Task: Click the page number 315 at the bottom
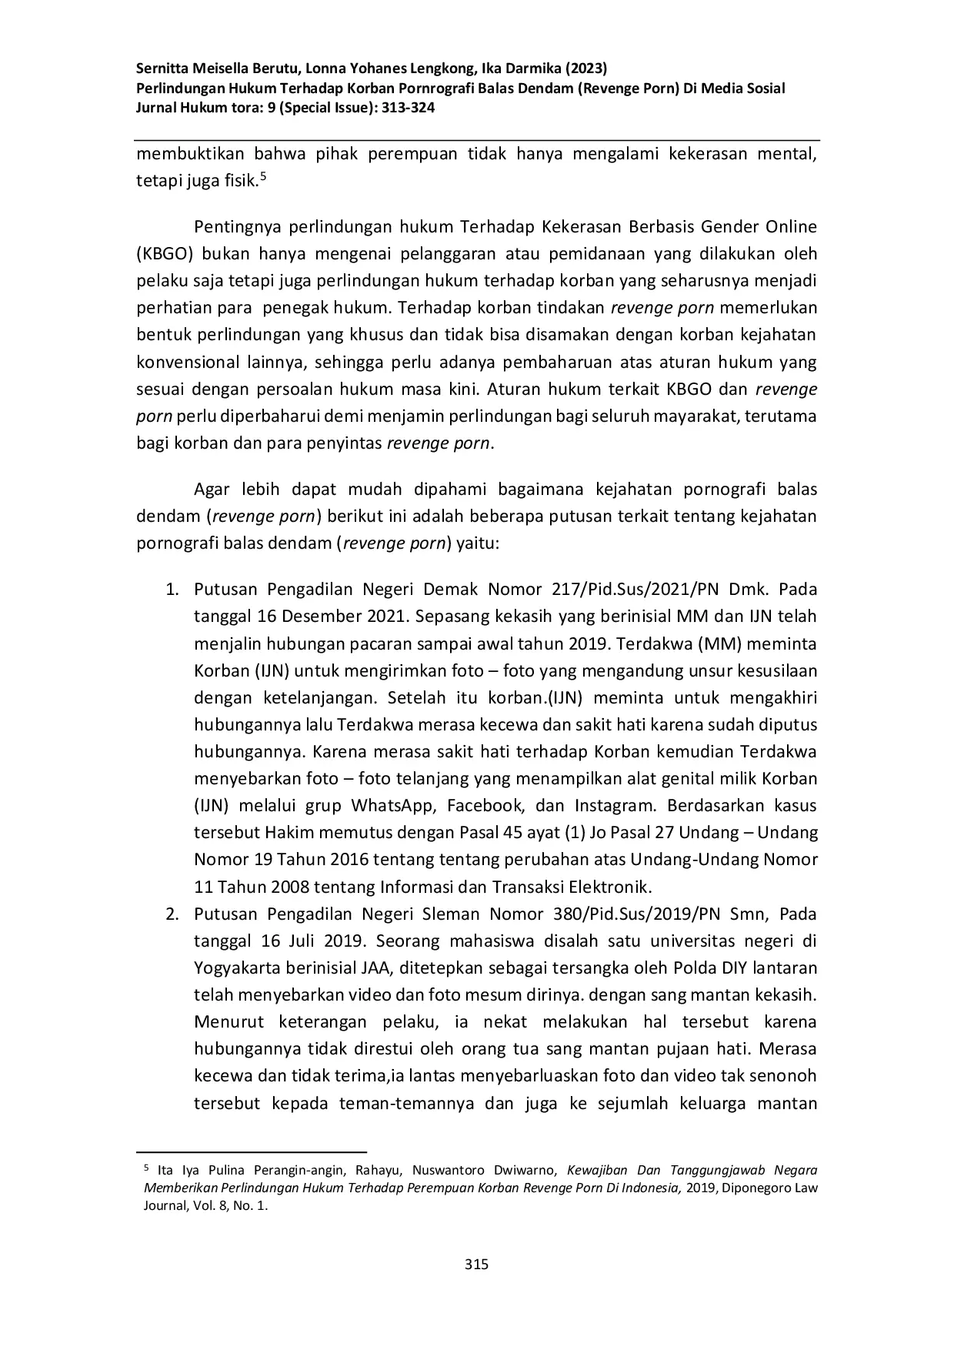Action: point(477,1264)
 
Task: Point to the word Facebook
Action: point(485,806)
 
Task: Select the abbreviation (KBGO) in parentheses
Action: point(162,254)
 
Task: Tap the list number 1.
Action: point(172,590)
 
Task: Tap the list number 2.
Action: point(172,914)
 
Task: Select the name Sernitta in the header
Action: point(163,68)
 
